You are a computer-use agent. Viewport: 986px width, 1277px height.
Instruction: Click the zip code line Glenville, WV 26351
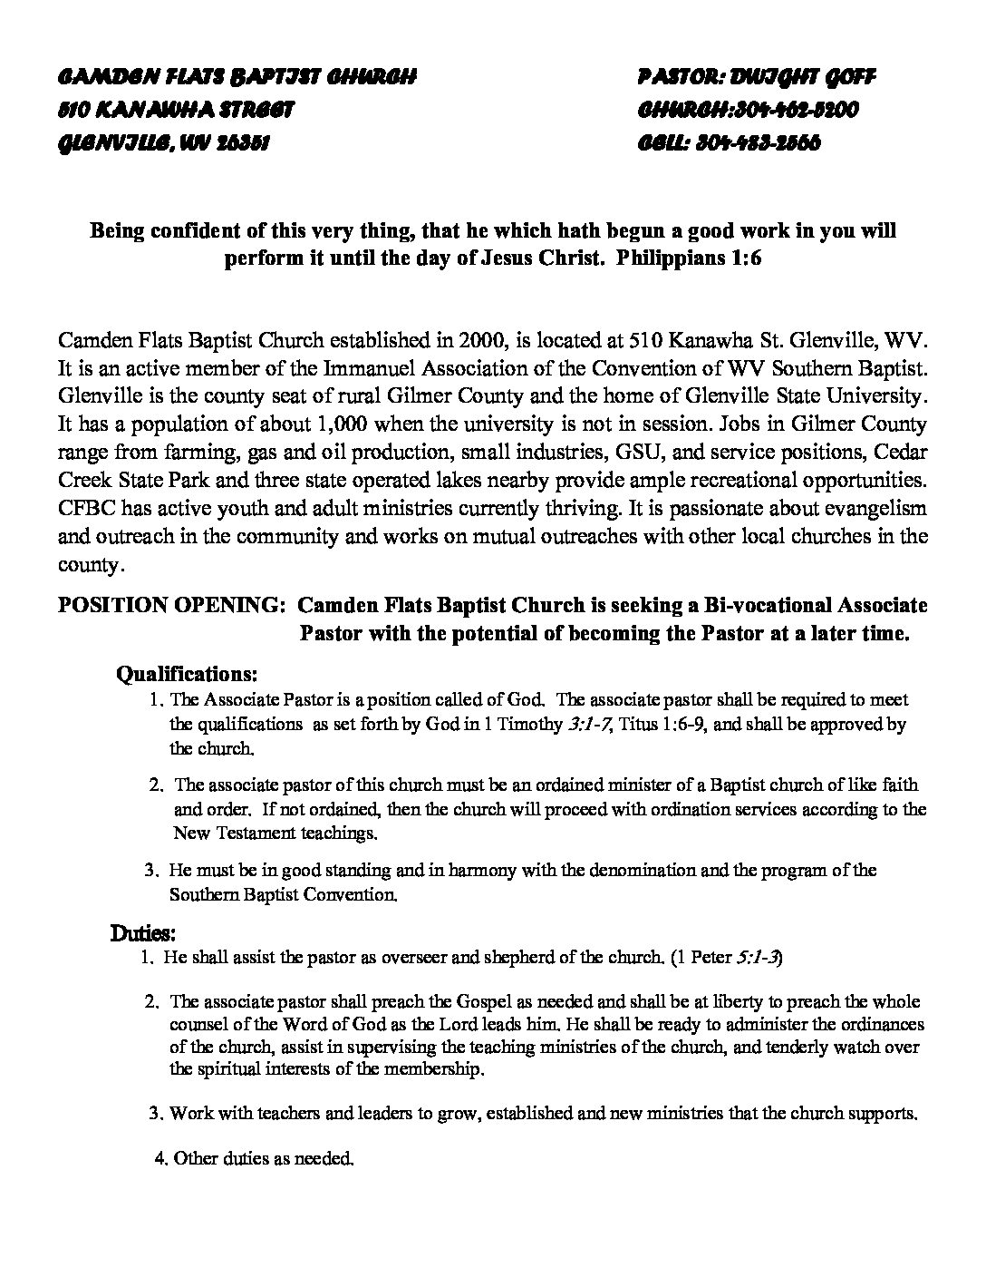tap(163, 143)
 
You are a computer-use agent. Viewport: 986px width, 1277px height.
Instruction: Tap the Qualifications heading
tap(188, 675)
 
